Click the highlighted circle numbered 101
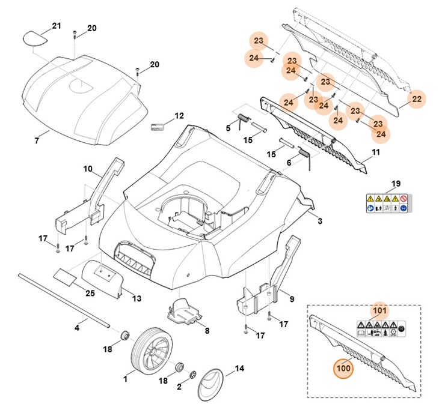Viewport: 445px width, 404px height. click(379, 310)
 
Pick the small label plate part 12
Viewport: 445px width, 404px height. click(158, 127)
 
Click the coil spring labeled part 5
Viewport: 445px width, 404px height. click(244, 118)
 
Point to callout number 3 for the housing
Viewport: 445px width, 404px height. click(320, 222)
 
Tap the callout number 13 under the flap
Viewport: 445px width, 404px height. click(137, 298)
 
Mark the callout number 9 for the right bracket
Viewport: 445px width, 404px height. click(291, 298)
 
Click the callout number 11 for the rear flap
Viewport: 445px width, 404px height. click(376, 153)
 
